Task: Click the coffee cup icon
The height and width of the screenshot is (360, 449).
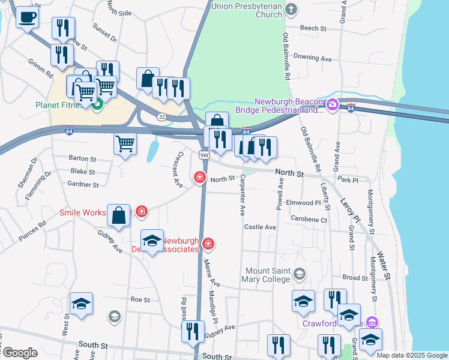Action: (x=27, y=17)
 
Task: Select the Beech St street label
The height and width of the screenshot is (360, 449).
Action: (x=313, y=28)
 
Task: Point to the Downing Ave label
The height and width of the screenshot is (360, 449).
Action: (x=313, y=58)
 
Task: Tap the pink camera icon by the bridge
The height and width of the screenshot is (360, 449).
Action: (x=333, y=106)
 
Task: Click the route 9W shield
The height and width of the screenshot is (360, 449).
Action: (x=203, y=155)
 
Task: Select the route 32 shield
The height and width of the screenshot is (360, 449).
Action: (x=161, y=116)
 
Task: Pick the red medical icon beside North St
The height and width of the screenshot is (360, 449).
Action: (x=199, y=178)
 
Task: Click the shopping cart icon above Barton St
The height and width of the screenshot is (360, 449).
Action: (x=125, y=143)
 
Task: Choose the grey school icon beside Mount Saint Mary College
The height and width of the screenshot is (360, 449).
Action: (x=299, y=275)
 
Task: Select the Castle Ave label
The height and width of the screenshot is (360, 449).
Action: (x=260, y=227)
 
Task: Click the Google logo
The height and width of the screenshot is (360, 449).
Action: (x=19, y=353)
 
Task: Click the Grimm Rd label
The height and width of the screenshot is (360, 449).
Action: (x=40, y=67)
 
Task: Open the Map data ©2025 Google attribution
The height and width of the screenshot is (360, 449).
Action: (x=412, y=355)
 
